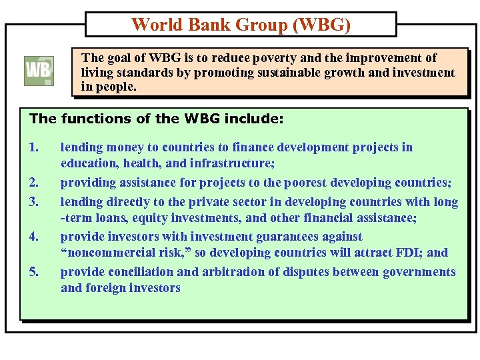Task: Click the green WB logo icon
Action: (39, 71)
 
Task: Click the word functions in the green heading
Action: (92, 119)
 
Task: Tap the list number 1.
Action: (34, 147)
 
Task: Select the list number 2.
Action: (34, 182)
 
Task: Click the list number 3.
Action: (34, 201)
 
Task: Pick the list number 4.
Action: (34, 236)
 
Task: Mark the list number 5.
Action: (34, 271)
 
